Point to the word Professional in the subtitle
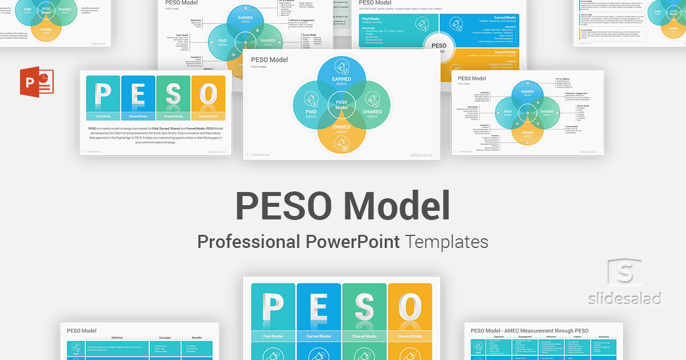pos(248,242)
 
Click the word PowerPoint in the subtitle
pos(352,242)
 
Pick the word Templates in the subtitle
pos(447,242)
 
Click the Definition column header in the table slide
pos(117,338)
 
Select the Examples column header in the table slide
pos(165,338)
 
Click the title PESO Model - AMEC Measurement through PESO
pos(529,330)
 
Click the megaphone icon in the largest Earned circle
pos(342,67)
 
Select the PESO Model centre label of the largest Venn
pos(341,105)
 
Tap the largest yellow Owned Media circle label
pos(341,129)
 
